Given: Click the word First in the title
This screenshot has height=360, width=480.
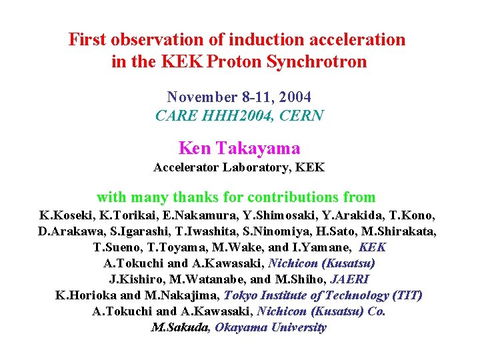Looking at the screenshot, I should coord(86,40).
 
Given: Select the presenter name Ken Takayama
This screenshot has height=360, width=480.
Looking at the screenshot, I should coord(239,148).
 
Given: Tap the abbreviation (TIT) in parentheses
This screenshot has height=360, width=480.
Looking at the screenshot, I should coord(407,295).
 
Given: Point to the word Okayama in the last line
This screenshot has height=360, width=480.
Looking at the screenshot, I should coord(243,327).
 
